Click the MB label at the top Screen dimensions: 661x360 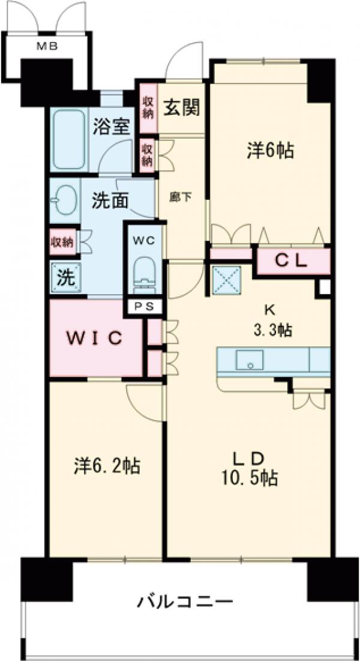49,48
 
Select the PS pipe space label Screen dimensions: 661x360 144,306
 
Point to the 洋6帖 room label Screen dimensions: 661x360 270,151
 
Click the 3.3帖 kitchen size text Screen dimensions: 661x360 270,330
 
